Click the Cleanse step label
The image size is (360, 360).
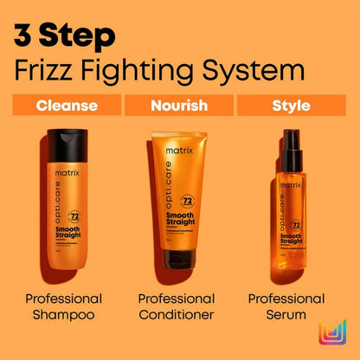coord(66,106)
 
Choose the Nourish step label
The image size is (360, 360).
coord(179,106)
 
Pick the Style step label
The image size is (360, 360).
coord(292,106)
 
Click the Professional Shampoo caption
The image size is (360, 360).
coord(66,307)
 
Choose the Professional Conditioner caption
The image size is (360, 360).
coord(179,307)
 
